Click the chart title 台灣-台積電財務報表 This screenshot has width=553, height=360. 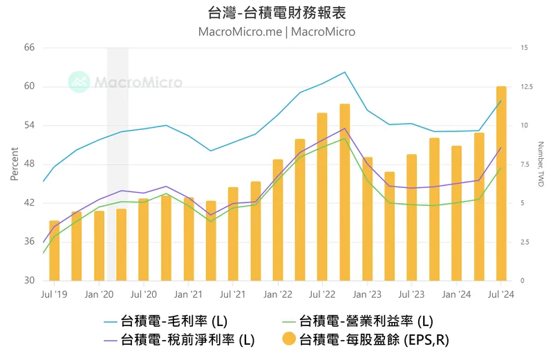click(x=276, y=12)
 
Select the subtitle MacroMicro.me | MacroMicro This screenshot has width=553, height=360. click(x=276, y=32)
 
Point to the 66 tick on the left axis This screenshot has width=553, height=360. click(x=29, y=48)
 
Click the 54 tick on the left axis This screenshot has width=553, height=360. click(x=29, y=125)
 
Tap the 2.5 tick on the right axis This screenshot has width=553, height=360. click(x=525, y=242)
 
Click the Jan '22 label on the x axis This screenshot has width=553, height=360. click(x=277, y=294)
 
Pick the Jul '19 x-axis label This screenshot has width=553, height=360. click(x=55, y=294)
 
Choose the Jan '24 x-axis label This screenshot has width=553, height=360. click(x=456, y=294)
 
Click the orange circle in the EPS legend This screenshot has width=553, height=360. click(x=290, y=339)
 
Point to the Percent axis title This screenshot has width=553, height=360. click(x=14, y=164)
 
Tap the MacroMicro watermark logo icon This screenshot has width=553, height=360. click(x=79, y=82)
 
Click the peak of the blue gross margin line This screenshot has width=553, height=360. click(x=344, y=72)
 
